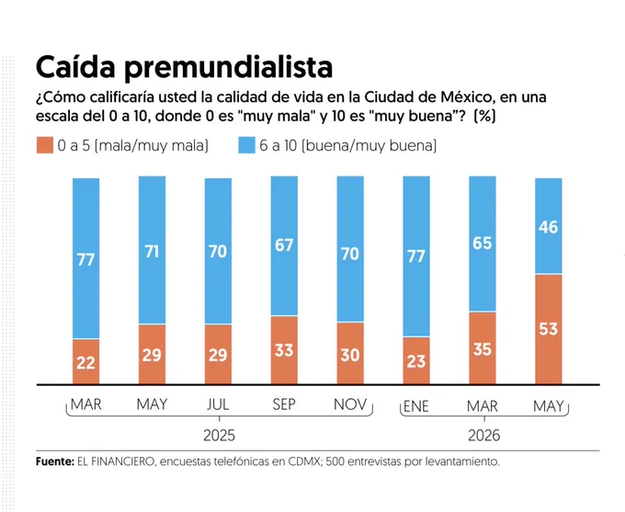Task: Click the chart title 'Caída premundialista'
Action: coord(184,66)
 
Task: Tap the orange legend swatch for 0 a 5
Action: coord(45,145)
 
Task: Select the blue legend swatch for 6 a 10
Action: coord(246,145)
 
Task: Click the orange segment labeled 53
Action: coord(549,329)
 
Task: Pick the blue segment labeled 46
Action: coord(549,226)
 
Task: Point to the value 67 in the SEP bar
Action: coord(284,245)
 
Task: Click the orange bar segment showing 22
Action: coord(86,362)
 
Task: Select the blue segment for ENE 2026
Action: coord(416,256)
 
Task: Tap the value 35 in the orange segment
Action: coord(483,349)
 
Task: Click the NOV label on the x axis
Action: coord(350,404)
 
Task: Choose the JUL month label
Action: coord(218,404)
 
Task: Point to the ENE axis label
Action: coord(416,406)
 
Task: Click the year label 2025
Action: coord(219,435)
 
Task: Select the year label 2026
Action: coord(483,435)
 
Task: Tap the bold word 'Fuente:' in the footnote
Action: coord(55,461)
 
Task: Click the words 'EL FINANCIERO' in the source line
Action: coord(116,461)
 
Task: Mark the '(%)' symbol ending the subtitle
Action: coord(484,116)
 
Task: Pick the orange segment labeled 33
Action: coord(284,350)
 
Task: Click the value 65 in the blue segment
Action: coord(483,243)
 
